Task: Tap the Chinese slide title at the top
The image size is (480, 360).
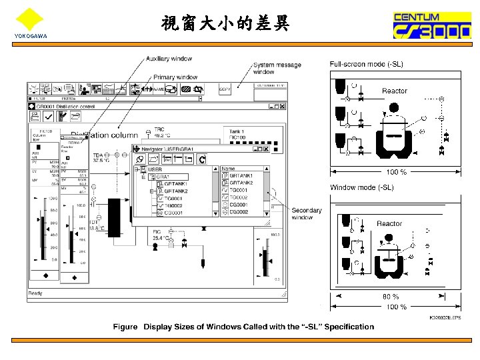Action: [x=225, y=24]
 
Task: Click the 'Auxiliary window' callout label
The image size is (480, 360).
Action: [x=168, y=59]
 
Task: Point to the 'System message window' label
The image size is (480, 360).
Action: [x=277, y=68]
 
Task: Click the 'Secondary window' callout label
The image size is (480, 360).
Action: [x=306, y=213]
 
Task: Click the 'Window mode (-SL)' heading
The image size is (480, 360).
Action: [x=362, y=187]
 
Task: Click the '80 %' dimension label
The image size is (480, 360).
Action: [x=391, y=297]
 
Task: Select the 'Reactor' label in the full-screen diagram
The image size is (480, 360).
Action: [x=394, y=91]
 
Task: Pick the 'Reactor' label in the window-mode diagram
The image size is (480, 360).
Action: [x=389, y=224]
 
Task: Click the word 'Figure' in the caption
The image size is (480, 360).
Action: [x=125, y=327]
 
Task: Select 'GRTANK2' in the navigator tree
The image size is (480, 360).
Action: [x=176, y=191]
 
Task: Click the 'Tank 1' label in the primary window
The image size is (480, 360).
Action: [x=237, y=132]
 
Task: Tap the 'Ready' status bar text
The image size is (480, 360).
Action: [x=35, y=293]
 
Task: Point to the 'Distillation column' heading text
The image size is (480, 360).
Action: [x=106, y=135]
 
